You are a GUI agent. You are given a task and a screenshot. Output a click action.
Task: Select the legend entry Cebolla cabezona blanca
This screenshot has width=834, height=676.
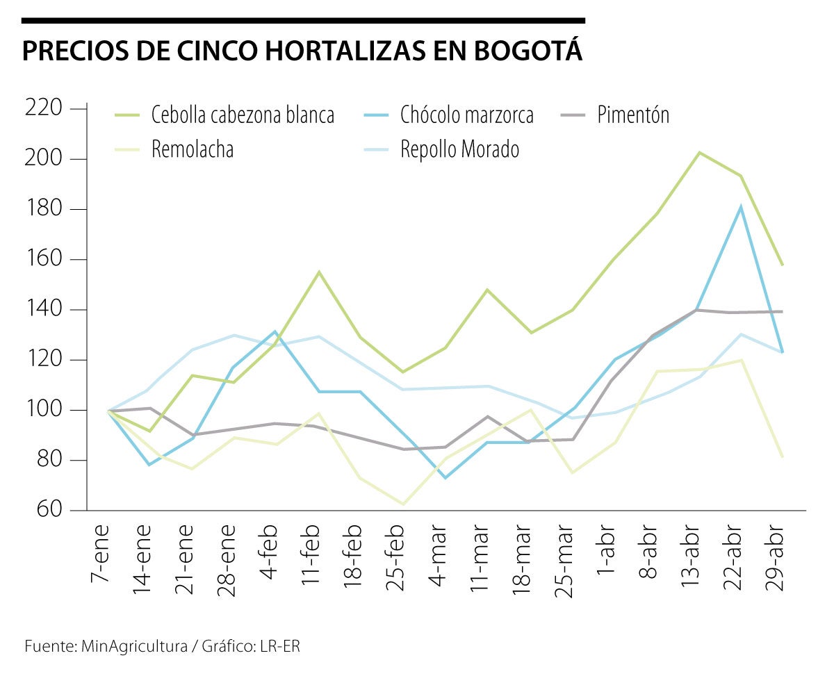[243, 115]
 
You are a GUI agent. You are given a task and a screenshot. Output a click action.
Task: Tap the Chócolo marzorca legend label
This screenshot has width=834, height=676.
[466, 115]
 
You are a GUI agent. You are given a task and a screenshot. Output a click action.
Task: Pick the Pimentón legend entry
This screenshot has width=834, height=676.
[633, 115]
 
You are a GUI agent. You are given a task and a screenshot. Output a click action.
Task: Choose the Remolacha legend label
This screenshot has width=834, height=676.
[193, 149]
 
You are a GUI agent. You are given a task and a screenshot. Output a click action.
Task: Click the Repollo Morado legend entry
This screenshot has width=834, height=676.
[459, 149]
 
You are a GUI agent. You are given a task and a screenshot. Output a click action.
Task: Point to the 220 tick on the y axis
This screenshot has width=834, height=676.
[44, 108]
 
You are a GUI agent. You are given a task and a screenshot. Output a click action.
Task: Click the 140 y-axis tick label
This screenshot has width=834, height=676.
[44, 310]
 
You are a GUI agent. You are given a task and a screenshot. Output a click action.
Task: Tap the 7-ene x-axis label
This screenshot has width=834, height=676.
[101, 557]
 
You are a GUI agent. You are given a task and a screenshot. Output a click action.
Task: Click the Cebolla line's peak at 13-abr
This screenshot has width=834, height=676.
[699, 152]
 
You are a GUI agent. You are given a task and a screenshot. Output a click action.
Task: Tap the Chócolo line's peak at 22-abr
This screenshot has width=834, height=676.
[742, 206]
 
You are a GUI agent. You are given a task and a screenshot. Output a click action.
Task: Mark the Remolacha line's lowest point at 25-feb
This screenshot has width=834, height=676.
[403, 504]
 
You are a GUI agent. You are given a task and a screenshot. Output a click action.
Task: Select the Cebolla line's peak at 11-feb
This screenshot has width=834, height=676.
[318, 272]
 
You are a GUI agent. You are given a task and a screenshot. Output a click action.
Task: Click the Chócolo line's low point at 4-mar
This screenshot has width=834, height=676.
[445, 478]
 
